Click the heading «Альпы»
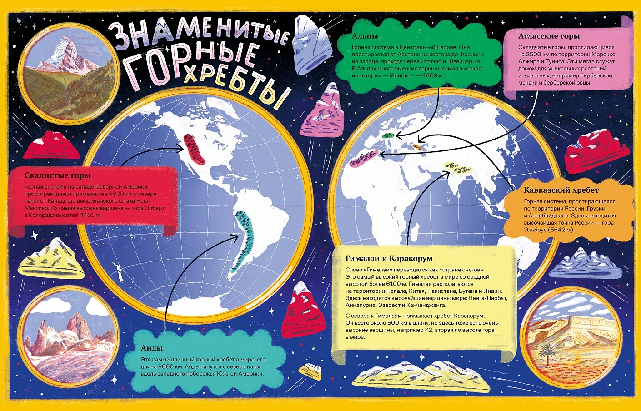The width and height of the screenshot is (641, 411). (x=365, y=36)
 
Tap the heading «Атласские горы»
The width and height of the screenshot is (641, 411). (x=549, y=36)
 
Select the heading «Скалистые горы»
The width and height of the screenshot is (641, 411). (x=57, y=175)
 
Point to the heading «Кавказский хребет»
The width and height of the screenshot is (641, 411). (x=561, y=190)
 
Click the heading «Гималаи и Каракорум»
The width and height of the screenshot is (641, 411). (x=389, y=258)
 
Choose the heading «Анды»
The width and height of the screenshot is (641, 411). (x=152, y=348)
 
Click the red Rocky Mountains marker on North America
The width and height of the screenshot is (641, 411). (x=194, y=149)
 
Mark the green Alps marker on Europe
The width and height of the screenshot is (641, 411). (x=388, y=135)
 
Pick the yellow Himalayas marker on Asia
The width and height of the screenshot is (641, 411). (x=458, y=168)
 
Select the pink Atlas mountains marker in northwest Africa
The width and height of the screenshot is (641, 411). (x=364, y=159)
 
